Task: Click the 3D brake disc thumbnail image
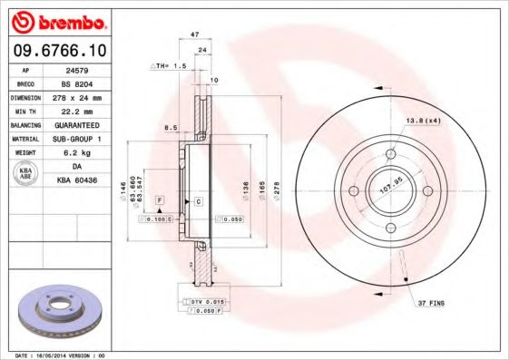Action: click(x=57, y=308)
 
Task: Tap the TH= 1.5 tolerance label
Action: click(x=169, y=66)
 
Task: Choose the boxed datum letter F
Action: click(x=159, y=198)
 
